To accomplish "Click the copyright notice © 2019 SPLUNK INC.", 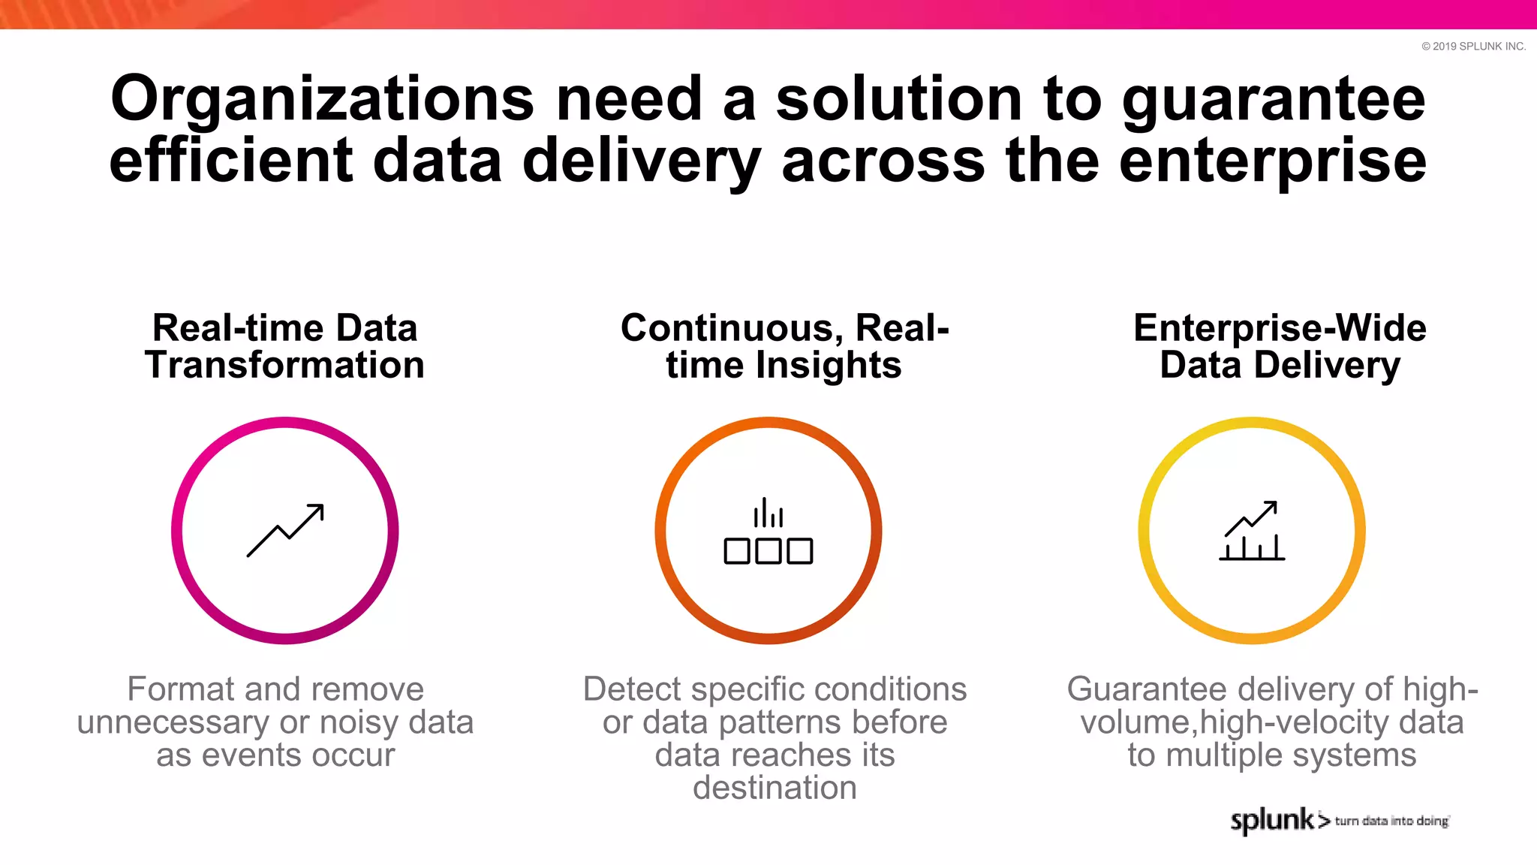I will click(1473, 47).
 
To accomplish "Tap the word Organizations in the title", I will click(322, 100).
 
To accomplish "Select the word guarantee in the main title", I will click(1274, 100).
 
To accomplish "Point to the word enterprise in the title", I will click(1273, 161).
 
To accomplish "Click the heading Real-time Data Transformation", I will click(284, 346).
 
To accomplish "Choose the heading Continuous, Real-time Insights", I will click(784, 346).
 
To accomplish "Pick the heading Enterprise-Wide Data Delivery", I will click(1280, 346).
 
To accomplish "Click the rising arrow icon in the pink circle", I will click(285, 530).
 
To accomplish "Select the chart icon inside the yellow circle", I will click(1251, 531).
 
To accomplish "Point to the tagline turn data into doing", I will click(1391, 821).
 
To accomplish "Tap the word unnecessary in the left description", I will click(173, 722).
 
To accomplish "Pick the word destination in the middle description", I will click(775, 788).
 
